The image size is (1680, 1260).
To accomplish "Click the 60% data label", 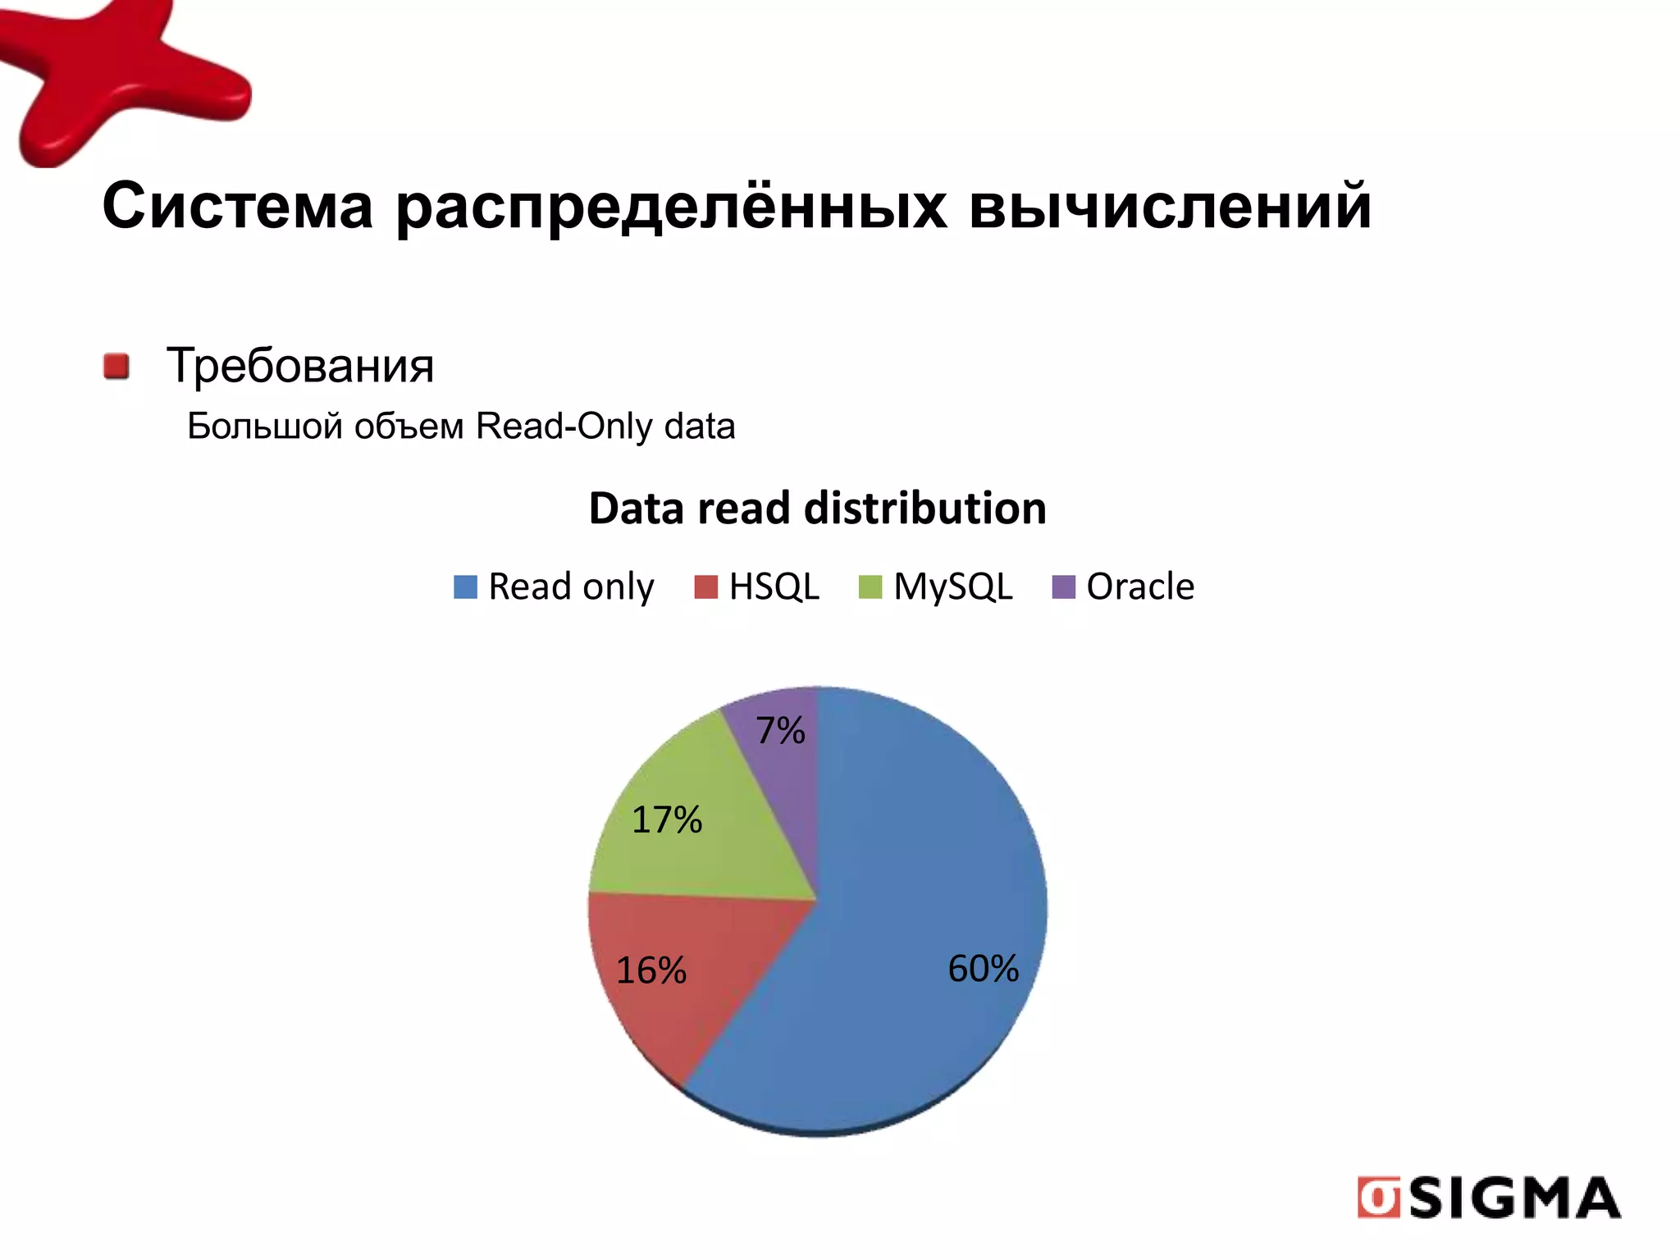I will tap(983, 969).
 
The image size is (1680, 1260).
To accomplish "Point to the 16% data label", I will tap(651, 970).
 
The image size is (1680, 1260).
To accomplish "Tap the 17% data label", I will tap(666, 820).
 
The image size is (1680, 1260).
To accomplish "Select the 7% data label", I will tap(780, 731).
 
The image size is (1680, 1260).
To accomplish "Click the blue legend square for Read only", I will tap(465, 587).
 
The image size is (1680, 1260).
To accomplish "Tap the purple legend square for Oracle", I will tap(1063, 587).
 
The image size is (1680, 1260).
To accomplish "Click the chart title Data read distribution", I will tap(817, 509).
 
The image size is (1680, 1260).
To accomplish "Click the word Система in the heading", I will tap(238, 207).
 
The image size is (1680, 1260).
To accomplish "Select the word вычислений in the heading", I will tap(1169, 207).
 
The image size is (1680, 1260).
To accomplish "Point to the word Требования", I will tap(299, 366).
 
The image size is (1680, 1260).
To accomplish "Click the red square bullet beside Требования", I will tap(116, 367).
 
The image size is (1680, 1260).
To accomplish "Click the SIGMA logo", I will tap(1489, 1198).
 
